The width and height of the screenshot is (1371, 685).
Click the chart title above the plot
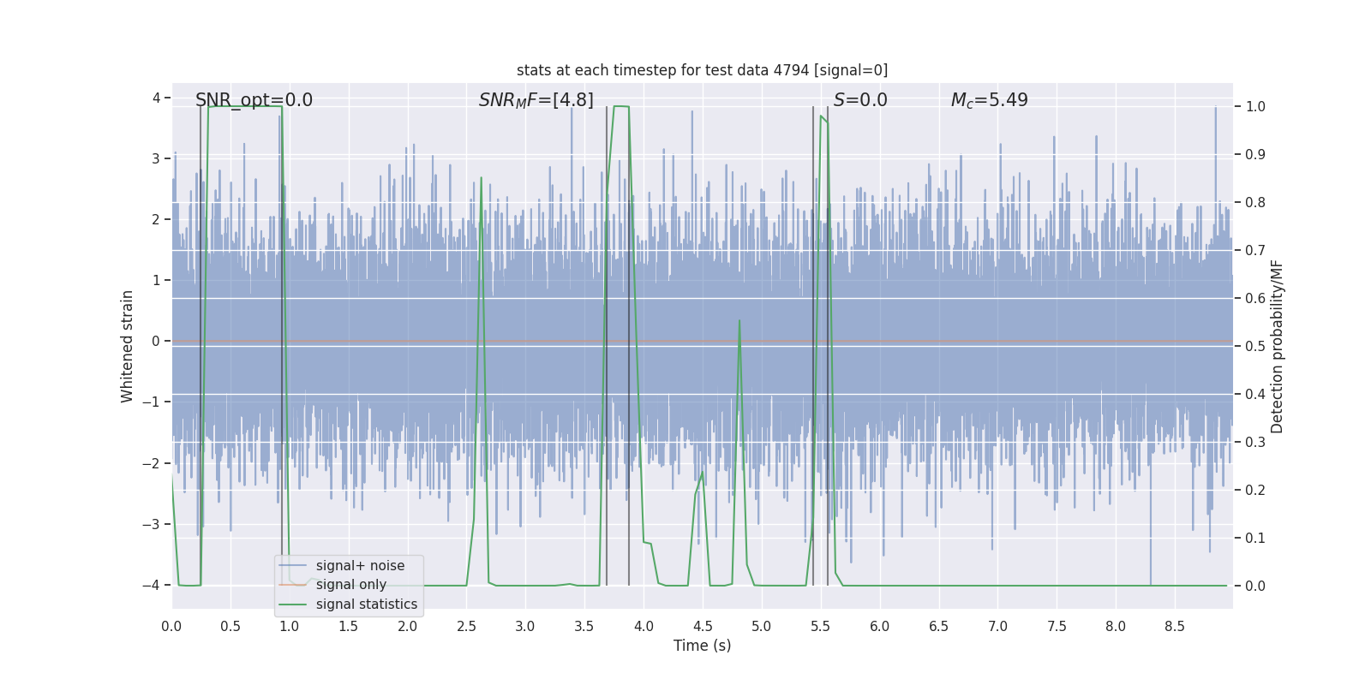[702, 70]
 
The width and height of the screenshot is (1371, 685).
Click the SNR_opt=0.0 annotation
[254, 100]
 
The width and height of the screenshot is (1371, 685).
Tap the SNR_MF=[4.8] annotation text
[536, 100]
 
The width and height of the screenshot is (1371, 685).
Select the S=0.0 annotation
[860, 100]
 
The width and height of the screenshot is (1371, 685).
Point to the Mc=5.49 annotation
[989, 100]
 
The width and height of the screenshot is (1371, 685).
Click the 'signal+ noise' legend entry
[360, 566]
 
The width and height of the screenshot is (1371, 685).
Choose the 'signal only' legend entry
[350, 585]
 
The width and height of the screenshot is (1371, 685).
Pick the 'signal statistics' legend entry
[366, 605]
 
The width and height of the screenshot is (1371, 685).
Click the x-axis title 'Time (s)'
[702, 646]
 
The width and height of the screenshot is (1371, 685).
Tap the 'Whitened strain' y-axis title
[128, 346]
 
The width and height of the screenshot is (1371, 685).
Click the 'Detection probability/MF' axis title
[1277, 346]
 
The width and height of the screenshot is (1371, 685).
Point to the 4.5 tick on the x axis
[703, 627]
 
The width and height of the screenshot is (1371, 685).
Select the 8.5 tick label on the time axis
[1175, 627]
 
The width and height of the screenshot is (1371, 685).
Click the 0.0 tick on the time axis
[171, 627]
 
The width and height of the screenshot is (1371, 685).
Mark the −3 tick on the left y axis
[154, 524]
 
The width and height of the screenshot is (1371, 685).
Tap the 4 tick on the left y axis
[157, 98]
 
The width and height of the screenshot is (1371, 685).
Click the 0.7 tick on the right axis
[1255, 250]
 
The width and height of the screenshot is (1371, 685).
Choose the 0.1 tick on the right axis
[1255, 538]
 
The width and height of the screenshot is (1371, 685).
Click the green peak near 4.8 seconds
[739, 321]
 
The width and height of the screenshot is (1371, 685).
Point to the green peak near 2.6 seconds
[481, 178]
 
